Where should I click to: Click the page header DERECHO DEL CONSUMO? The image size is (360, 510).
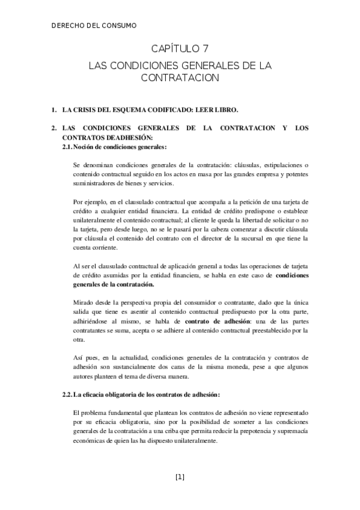coord(94,25)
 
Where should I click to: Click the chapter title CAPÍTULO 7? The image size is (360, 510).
coord(179,49)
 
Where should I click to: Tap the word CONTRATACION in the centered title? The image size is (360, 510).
coord(179,78)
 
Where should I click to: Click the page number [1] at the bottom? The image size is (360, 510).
coord(180,478)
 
